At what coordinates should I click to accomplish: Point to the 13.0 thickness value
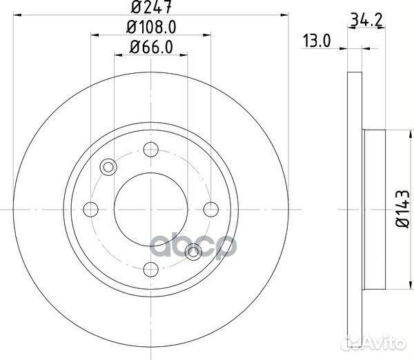(317, 41)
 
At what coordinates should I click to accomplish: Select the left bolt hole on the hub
(89, 208)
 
